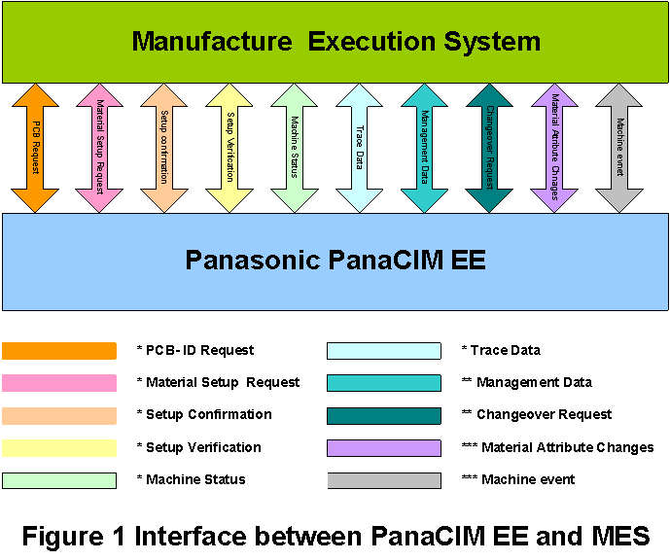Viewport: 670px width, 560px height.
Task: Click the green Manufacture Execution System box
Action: point(335,41)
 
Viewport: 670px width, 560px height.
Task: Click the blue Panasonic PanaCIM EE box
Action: point(335,261)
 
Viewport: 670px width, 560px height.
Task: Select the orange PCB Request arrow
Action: point(35,148)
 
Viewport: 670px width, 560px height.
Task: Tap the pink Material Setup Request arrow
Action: point(100,148)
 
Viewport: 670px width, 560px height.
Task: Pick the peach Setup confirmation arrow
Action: point(165,148)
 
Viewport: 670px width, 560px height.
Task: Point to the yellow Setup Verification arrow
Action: point(229,148)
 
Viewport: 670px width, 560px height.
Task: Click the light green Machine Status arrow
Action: point(295,148)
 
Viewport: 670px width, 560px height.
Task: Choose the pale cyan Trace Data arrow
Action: point(360,148)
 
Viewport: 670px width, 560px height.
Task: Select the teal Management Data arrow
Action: point(425,148)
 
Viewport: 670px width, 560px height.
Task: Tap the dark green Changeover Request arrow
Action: point(489,148)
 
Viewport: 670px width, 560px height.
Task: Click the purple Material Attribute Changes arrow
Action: point(554,148)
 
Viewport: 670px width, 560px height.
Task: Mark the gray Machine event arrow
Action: point(619,148)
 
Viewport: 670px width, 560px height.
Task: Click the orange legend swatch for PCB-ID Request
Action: point(59,351)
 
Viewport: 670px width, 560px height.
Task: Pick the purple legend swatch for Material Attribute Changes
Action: point(384,448)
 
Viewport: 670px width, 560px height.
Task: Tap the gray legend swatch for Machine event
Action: point(384,480)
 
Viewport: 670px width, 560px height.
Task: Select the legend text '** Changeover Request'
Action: point(537,414)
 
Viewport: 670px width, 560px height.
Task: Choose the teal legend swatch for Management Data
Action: point(384,383)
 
